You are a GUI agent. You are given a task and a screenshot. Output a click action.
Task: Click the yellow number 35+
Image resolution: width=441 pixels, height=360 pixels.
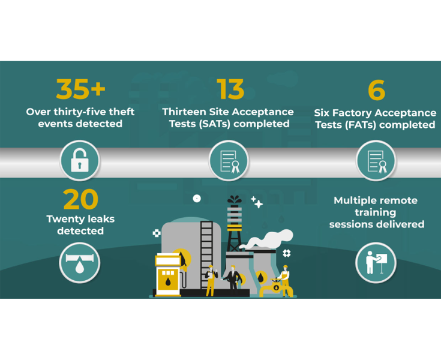[x=81, y=89]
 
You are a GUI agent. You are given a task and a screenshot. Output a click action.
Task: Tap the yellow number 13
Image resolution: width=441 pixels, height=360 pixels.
[x=230, y=89]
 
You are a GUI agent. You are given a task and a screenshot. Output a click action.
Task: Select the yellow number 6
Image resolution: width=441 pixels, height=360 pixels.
[x=377, y=90]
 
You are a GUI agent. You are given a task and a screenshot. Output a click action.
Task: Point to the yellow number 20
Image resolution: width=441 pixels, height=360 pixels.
[x=81, y=199]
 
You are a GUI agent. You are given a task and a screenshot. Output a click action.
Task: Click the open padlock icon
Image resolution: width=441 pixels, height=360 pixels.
[x=80, y=160]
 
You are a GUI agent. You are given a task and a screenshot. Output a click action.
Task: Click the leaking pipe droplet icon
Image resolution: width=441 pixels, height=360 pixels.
[x=80, y=262]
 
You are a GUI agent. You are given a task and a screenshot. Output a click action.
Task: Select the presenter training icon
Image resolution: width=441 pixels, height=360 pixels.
[x=376, y=262]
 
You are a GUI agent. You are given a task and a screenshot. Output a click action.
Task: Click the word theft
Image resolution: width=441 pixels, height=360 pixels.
[x=121, y=112]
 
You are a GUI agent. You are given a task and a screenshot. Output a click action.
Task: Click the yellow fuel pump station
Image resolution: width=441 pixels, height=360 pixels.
[x=168, y=275]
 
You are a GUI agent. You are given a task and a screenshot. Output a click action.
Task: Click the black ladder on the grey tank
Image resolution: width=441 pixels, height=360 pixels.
[x=207, y=255]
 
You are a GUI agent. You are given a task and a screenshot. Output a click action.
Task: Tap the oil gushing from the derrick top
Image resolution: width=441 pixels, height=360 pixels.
[x=234, y=200]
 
